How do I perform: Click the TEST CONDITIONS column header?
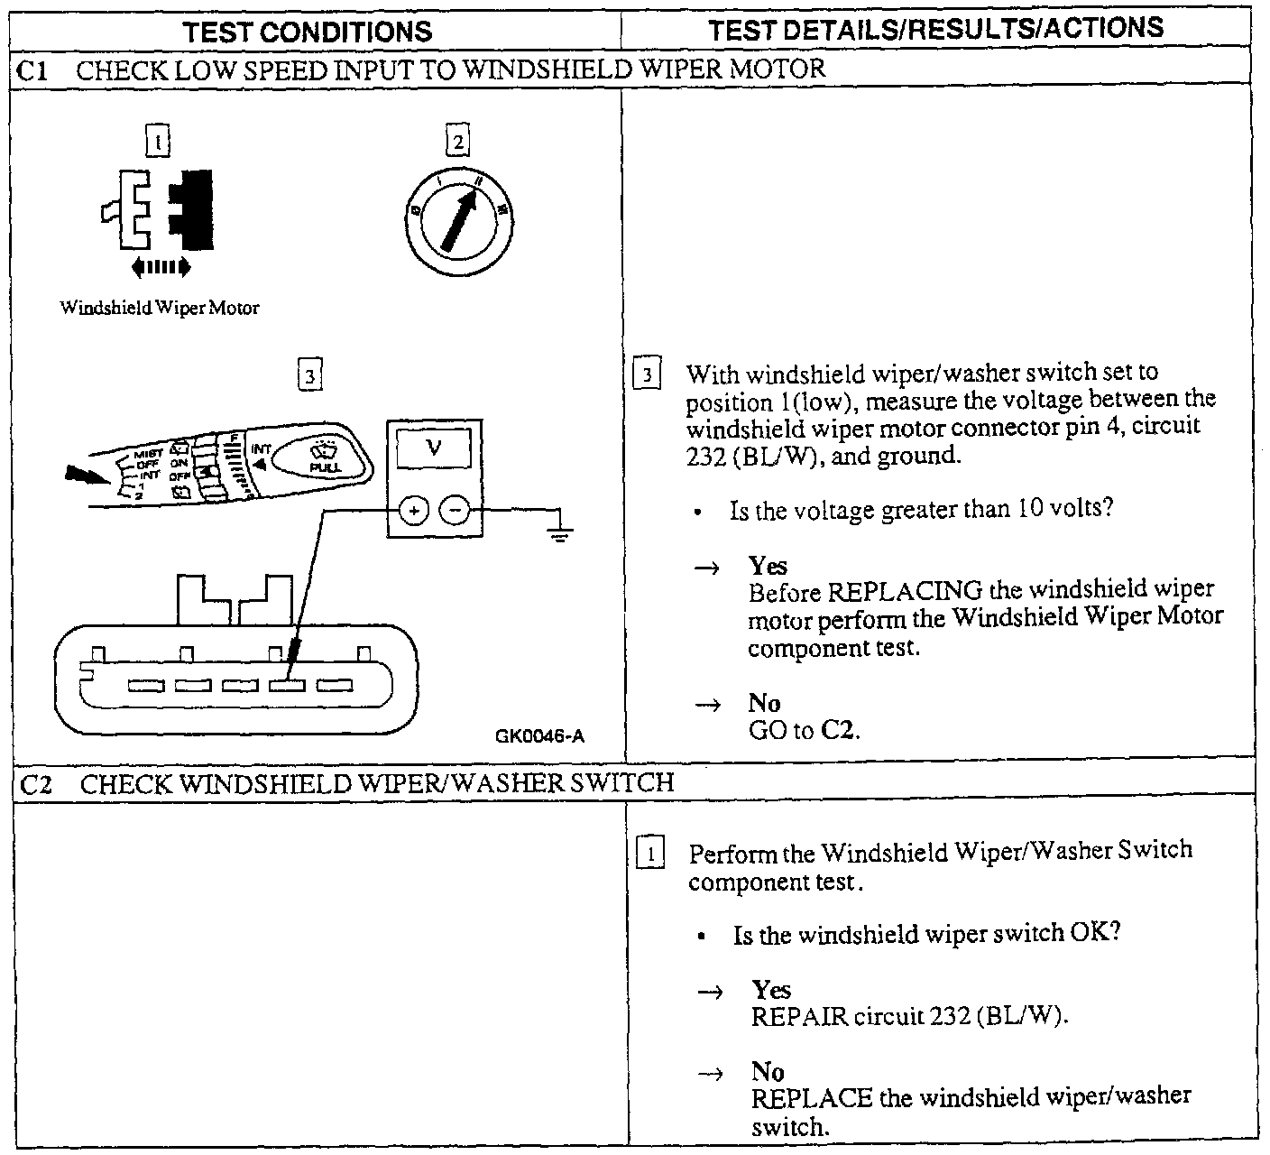tap(308, 32)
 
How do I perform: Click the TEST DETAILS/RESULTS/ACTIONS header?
tap(935, 29)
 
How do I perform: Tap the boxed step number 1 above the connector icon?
tap(158, 142)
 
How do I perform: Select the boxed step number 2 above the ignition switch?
tap(457, 142)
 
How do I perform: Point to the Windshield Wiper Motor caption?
tap(160, 308)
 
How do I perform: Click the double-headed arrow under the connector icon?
tap(161, 266)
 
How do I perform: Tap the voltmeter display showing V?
tap(434, 448)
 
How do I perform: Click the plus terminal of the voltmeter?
tap(414, 512)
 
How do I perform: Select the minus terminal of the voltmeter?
tap(455, 512)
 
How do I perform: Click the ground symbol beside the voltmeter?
tap(560, 532)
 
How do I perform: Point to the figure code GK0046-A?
tap(539, 735)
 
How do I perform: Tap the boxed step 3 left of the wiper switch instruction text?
tap(648, 374)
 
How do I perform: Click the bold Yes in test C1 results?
tap(768, 566)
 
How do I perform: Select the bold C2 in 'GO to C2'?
tap(838, 730)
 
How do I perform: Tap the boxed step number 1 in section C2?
tap(650, 853)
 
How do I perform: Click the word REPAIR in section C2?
tap(800, 1016)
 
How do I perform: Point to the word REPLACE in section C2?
tap(811, 1098)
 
